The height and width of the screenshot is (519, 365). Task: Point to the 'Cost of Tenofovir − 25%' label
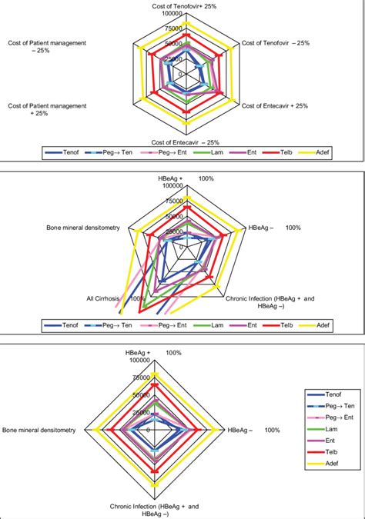click(275, 42)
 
